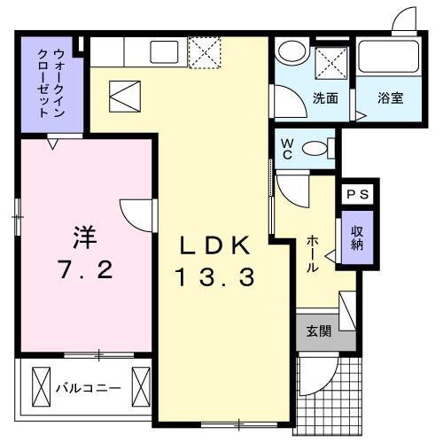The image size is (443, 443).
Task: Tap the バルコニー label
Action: coord(89,387)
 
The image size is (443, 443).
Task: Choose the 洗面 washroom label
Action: coord(323,98)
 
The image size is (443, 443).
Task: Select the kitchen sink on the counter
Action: coord(166,52)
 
